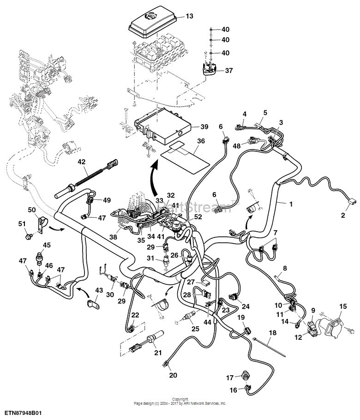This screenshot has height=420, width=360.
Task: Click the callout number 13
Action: point(189,17)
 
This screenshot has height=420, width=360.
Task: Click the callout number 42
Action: point(82,162)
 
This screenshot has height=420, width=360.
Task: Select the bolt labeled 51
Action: point(27,236)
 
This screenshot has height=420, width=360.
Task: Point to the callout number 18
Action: point(272,333)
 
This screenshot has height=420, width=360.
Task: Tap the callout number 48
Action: point(236,145)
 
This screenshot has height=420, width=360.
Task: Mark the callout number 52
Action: point(198,217)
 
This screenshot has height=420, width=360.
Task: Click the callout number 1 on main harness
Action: point(291,204)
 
